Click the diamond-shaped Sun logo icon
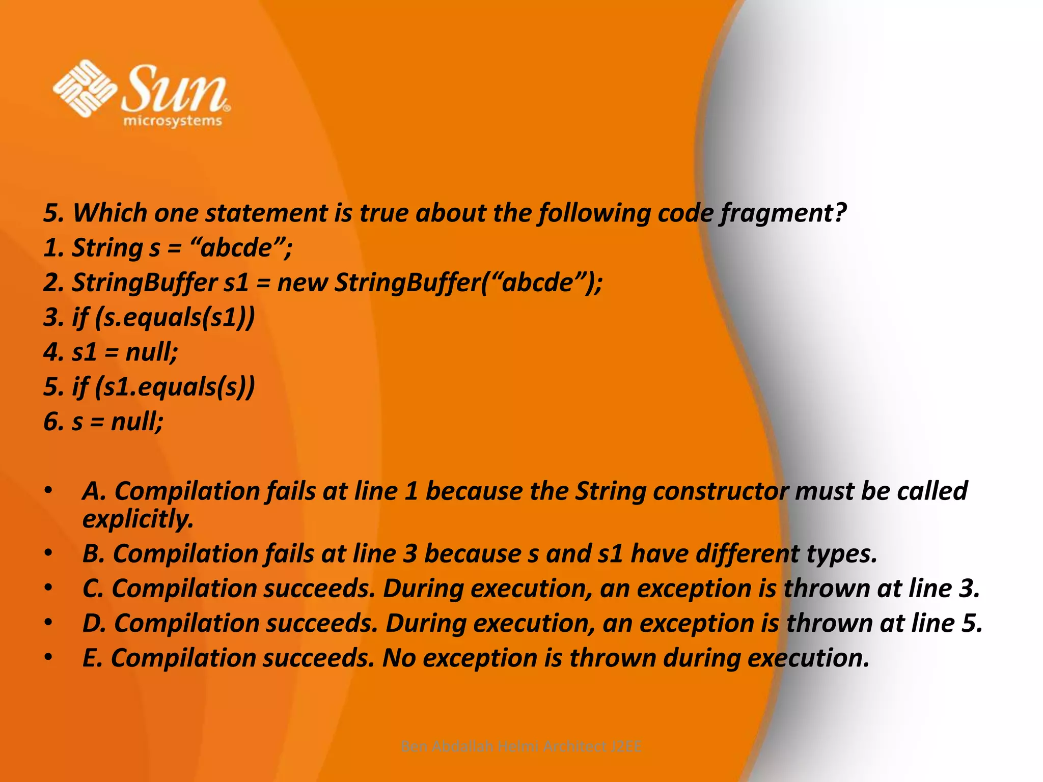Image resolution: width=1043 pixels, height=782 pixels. click(85, 88)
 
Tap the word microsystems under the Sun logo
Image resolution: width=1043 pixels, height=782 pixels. click(173, 121)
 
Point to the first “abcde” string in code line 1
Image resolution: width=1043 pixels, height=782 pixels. click(240, 248)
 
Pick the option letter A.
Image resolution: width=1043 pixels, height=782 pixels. click(93, 491)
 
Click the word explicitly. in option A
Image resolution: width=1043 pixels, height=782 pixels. click(138, 519)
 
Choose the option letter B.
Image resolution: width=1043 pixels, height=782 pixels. click(93, 554)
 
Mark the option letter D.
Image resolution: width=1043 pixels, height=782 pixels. click(94, 623)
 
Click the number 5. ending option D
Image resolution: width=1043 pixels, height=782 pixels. click(972, 623)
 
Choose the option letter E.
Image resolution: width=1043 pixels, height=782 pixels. click(92, 658)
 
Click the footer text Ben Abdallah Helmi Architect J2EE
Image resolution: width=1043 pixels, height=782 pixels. click(521, 746)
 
